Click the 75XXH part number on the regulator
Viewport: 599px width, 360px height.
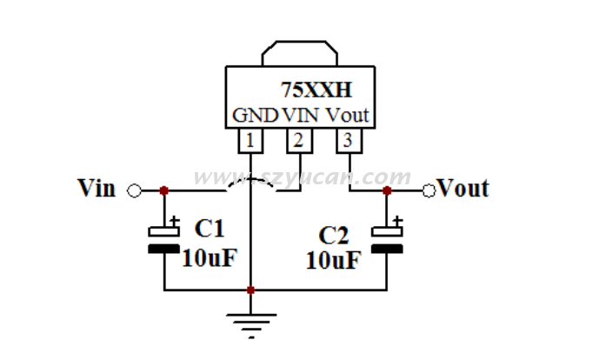tap(316, 89)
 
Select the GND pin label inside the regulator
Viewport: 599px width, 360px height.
tap(255, 115)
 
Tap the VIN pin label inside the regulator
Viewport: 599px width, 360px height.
tap(301, 115)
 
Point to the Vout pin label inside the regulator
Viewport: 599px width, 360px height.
tap(348, 115)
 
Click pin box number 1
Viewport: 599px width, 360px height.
tap(250, 139)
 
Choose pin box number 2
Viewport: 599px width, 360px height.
tap(298, 139)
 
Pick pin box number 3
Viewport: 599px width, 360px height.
tap(347, 139)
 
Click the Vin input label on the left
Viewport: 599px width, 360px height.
tap(97, 188)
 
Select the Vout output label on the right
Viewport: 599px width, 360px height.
tap(463, 188)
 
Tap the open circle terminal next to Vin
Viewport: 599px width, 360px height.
tap(134, 190)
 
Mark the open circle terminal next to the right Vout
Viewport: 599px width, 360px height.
tap(429, 190)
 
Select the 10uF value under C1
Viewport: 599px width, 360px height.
tap(210, 257)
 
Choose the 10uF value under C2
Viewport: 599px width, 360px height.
tap(332, 261)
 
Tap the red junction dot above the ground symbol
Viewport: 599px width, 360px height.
tap(250, 290)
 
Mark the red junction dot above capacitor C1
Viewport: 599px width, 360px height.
tap(164, 190)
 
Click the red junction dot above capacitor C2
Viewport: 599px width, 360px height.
tap(387, 190)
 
